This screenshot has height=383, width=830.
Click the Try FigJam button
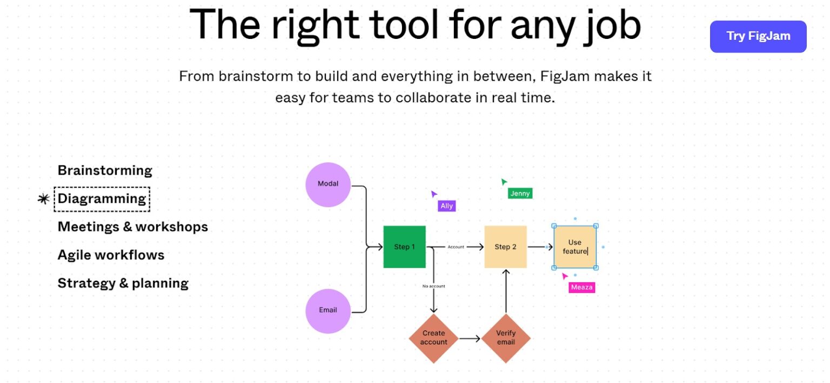coord(758,36)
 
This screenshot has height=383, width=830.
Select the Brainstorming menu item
coord(105,170)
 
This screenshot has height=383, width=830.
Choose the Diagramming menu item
coord(102,199)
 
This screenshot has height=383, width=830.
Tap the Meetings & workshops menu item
coord(132,227)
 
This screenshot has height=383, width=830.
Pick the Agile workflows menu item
coord(111,255)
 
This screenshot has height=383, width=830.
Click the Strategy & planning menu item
coord(123,283)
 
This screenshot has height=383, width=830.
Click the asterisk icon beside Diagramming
coord(43,199)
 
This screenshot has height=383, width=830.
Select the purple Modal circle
coord(328,184)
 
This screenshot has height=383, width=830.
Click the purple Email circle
coord(328,310)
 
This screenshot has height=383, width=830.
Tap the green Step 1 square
coord(404,247)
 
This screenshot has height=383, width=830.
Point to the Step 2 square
coord(505,247)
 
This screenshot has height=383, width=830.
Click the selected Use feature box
coord(574,247)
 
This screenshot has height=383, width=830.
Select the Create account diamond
coord(433,338)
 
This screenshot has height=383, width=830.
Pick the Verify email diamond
coord(506,338)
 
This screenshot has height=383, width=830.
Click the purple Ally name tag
coord(446,206)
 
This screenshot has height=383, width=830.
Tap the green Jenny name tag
coord(520,193)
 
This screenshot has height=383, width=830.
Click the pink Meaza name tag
coord(581,287)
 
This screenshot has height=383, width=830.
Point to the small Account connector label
coord(456,247)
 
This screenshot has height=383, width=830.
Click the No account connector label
coord(433,286)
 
